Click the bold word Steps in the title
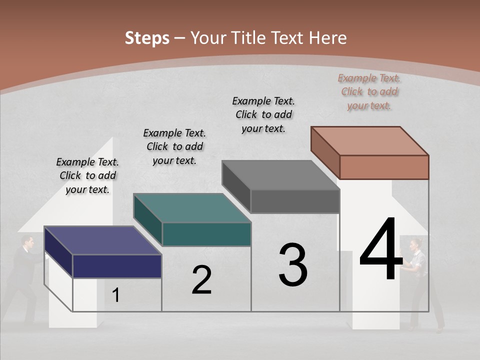pos(147,38)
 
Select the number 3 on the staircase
pos(293,265)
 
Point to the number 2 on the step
pos(201,280)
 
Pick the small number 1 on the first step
pos(116,295)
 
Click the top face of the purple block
pos(102,240)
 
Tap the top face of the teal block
pos(191,207)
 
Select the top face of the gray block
pos(280,175)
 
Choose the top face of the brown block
pos(369,140)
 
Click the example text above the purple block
pos(87,175)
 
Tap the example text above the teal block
pos(174,146)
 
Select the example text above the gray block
pos(263,114)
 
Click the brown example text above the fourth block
pos(369,91)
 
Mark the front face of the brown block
pos(384,167)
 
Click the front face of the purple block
pos(117,266)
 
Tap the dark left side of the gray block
pos(236,186)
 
